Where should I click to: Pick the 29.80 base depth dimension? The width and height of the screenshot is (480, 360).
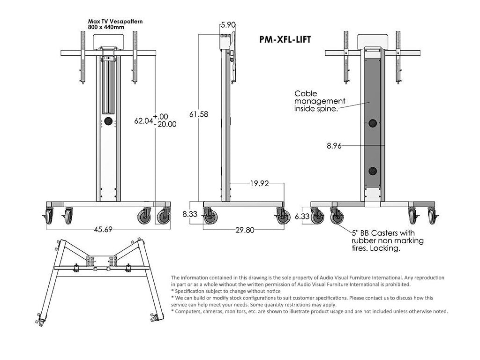(244, 230)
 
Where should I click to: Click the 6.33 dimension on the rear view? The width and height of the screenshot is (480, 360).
(303, 216)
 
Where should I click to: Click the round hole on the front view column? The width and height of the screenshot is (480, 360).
(109, 121)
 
